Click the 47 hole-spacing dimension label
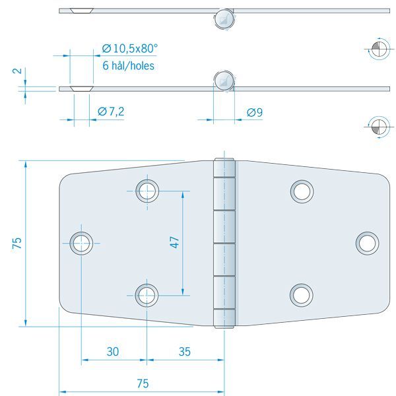(x=175, y=242)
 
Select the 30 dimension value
(x=113, y=352)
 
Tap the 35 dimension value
(x=184, y=352)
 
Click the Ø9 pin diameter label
(x=254, y=113)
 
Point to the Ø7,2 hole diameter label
(x=110, y=112)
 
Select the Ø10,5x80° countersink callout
(x=130, y=48)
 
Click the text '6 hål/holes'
(x=129, y=65)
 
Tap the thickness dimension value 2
(x=17, y=71)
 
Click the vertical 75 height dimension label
(x=17, y=243)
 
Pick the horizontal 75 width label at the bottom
(x=142, y=383)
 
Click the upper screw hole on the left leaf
(x=147, y=191)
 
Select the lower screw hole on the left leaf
(x=147, y=294)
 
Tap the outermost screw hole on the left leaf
(x=82, y=242)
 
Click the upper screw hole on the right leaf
(x=301, y=191)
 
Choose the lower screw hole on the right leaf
(x=301, y=294)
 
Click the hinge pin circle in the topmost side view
(x=224, y=18)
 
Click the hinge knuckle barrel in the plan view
(x=224, y=243)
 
